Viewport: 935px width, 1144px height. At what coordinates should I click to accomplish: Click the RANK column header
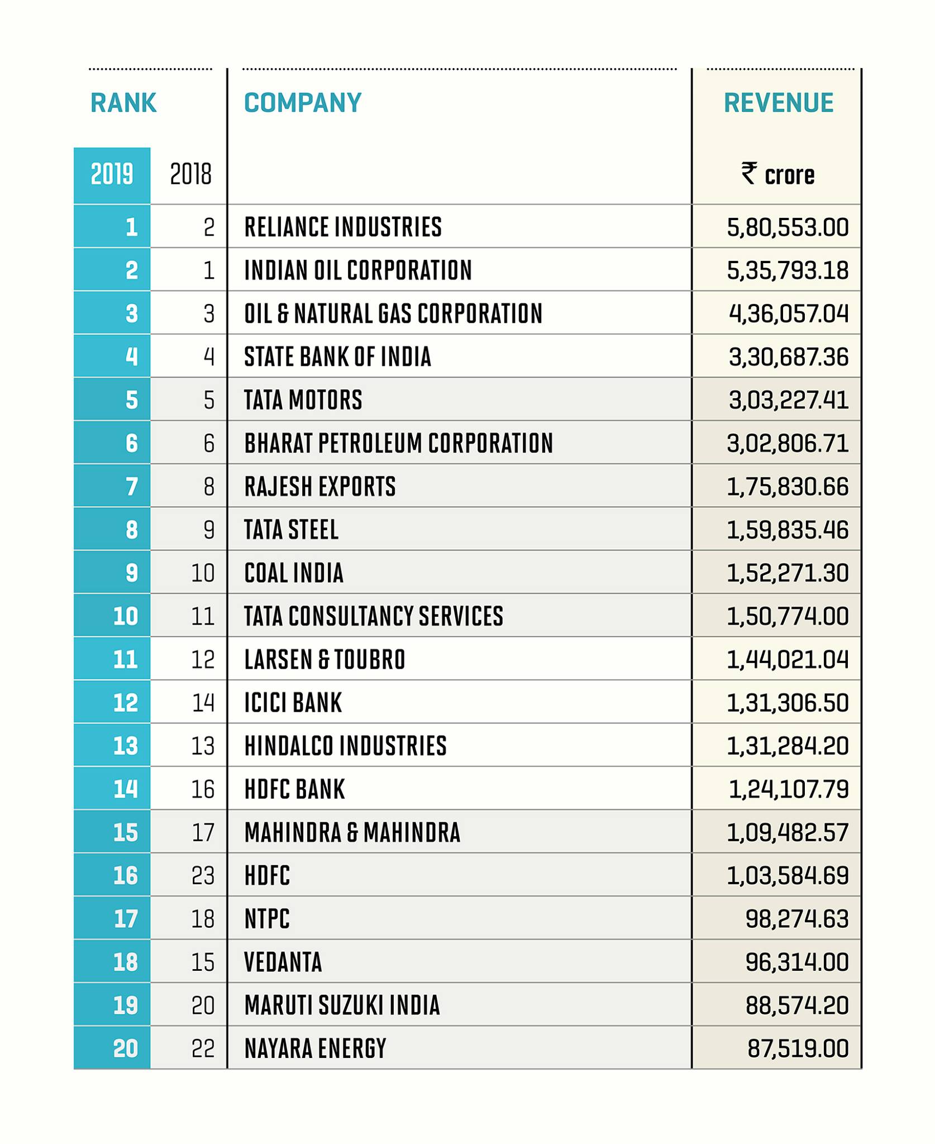click(x=123, y=103)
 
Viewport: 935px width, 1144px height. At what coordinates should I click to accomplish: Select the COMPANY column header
click(x=303, y=103)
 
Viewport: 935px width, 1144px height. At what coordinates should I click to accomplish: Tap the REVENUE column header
click(x=779, y=103)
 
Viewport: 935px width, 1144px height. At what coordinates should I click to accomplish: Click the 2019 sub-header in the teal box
click(x=112, y=174)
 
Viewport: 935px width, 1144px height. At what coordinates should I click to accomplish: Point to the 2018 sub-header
click(x=191, y=174)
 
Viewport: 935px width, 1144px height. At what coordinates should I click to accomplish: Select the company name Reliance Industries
click(x=343, y=227)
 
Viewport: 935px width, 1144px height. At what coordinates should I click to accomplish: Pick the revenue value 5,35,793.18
click(x=788, y=270)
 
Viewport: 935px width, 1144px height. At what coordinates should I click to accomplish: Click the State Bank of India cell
click(x=337, y=357)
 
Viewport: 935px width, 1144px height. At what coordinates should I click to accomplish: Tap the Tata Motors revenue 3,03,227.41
click(x=789, y=400)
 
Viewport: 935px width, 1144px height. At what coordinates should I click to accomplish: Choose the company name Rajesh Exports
click(x=320, y=487)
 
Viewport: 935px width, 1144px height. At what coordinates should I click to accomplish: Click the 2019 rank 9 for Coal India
click(x=132, y=573)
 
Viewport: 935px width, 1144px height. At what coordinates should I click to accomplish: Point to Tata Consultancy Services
click(x=374, y=616)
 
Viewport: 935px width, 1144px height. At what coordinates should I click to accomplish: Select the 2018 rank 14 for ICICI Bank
click(x=203, y=703)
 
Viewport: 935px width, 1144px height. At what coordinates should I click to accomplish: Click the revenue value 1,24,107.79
click(x=789, y=789)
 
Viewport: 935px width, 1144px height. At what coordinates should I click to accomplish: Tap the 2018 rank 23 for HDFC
click(x=203, y=875)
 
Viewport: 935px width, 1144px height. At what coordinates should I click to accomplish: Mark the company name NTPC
click(x=267, y=919)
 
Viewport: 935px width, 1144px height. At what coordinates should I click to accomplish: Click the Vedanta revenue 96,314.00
click(x=797, y=962)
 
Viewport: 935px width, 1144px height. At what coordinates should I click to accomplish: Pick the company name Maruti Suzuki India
click(x=342, y=1005)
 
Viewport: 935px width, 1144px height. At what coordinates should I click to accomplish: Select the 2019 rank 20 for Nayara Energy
click(x=125, y=1048)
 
